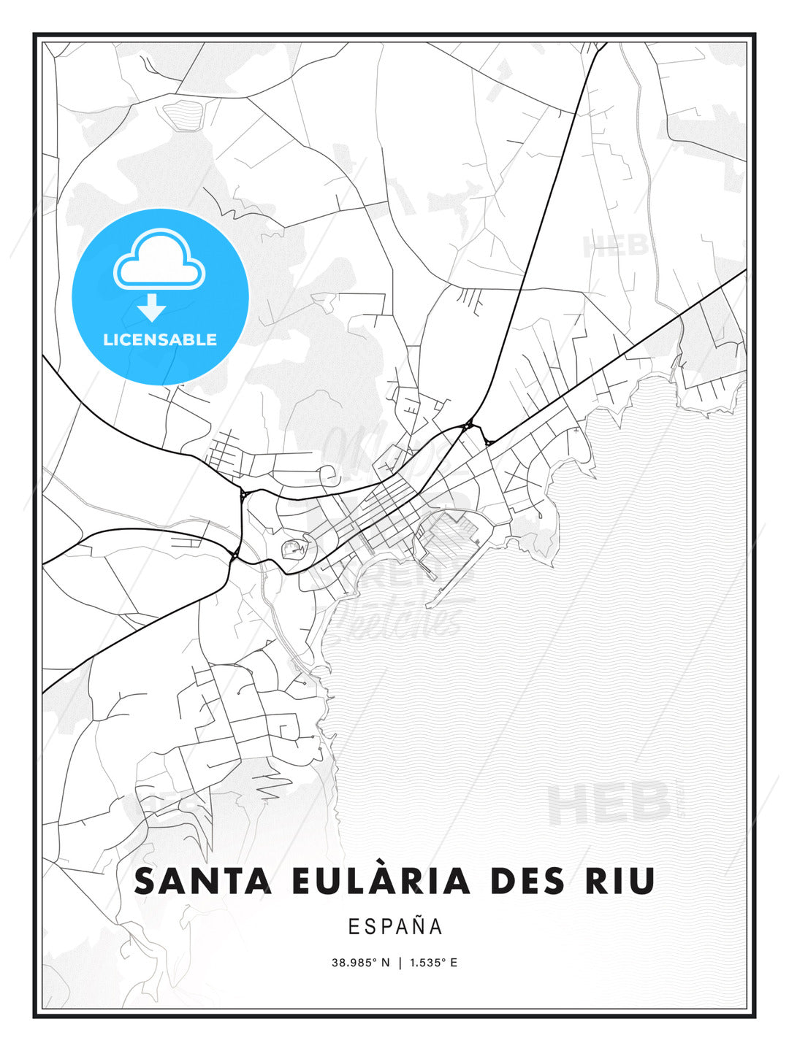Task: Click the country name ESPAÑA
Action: [395, 926]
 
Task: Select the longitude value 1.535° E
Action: [433, 963]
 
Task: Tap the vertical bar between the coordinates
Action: [400, 963]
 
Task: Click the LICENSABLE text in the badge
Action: [160, 340]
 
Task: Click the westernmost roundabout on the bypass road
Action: [235, 556]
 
